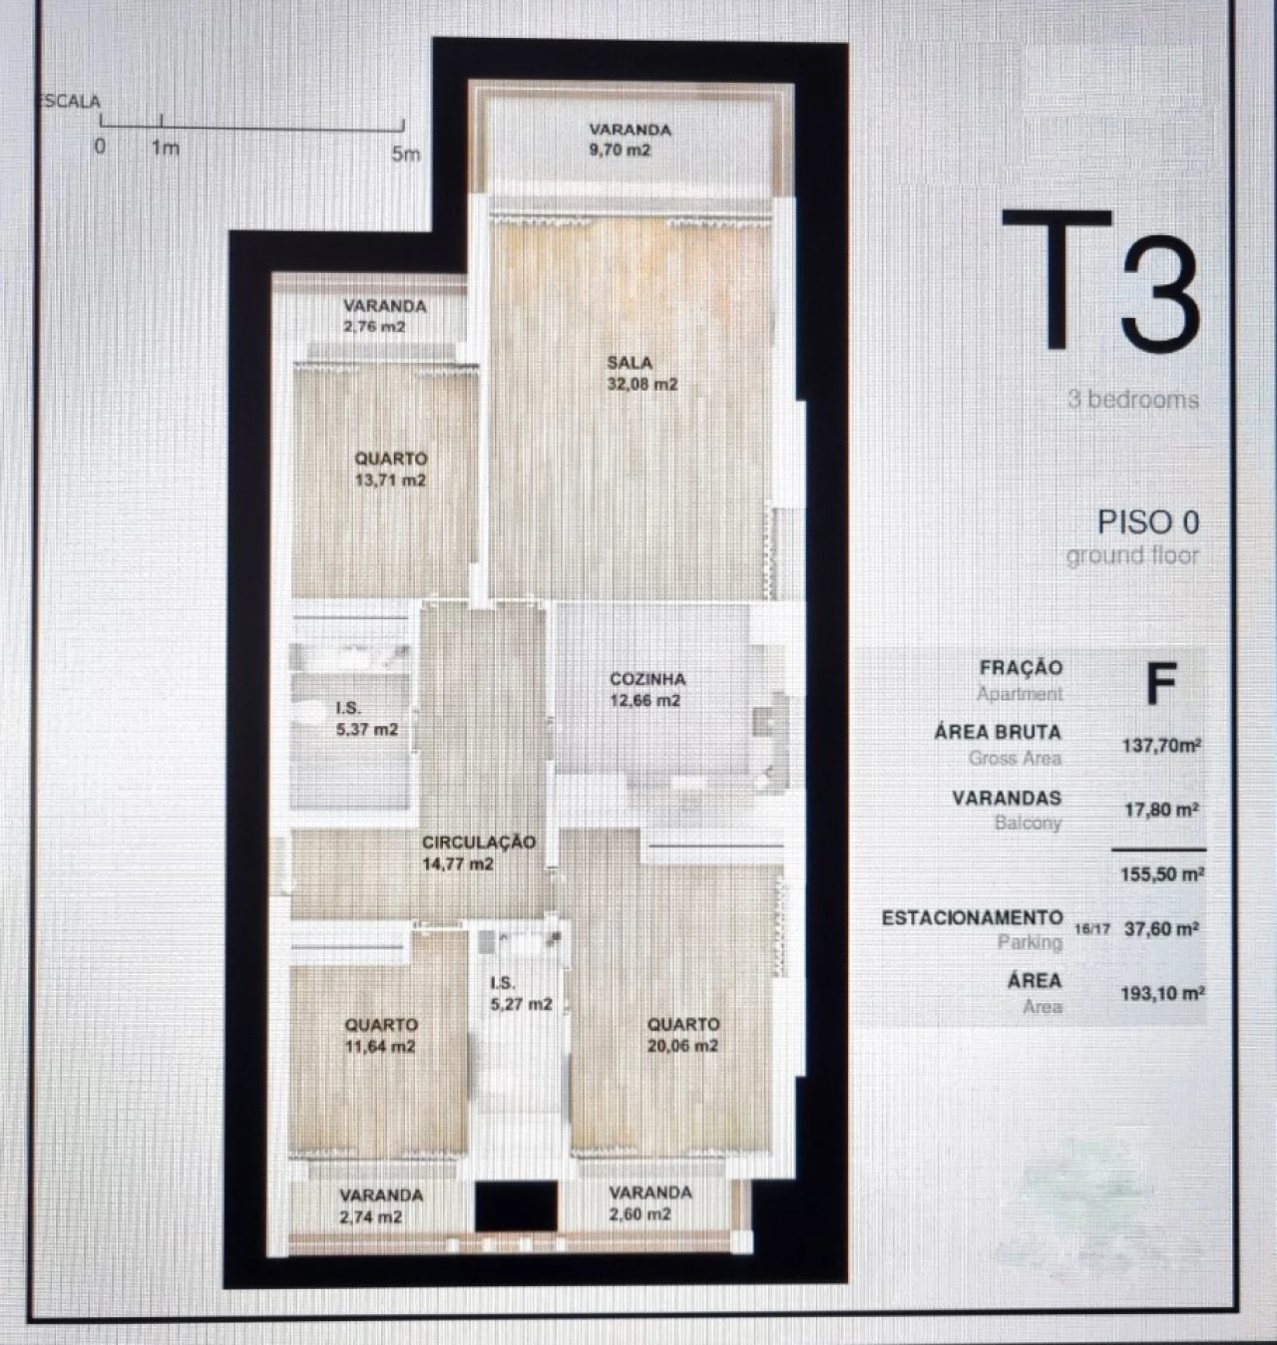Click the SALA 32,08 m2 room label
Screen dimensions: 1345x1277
pos(641,374)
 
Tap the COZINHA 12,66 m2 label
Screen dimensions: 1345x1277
pos(646,690)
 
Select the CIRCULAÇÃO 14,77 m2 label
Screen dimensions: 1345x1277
pos(478,853)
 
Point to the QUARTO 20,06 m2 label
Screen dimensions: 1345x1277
pos(682,1035)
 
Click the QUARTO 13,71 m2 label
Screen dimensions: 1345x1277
pos(390,470)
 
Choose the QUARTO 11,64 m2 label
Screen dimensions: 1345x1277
pos(380,1035)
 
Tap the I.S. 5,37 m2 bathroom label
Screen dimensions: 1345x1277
pos(366,719)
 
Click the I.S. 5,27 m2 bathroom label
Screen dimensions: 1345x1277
pos(520,994)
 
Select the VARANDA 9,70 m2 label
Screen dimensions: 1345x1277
pos(629,140)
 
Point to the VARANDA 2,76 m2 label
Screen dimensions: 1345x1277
pos(384,316)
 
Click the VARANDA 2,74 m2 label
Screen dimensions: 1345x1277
pos(380,1205)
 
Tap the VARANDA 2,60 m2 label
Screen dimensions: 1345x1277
pos(649,1203)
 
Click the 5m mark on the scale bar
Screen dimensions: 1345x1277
pos(405,154)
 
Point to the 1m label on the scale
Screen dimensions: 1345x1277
pos(165,149)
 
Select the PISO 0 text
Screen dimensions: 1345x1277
pos(1147,522)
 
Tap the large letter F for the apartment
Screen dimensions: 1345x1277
pos(1161,684)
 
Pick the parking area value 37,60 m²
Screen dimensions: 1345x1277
pos(1161,929)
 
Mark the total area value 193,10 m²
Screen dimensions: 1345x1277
pos(1162,993)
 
